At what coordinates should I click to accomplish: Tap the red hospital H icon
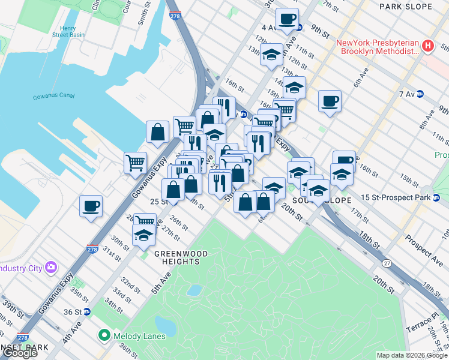pos(427,46)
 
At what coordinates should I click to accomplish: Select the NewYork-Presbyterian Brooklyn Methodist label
pos(377,47)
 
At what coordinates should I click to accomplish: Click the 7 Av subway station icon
pos(420,94)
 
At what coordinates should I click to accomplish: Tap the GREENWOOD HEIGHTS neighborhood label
pos(181,258)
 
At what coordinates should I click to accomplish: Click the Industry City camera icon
pos(50,267)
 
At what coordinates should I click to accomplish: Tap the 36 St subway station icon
pos(87,311)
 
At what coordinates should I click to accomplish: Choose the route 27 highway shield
pos(388,263)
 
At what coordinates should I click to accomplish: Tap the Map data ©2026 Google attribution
pos(412,355)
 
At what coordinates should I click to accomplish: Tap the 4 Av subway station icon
pos(299,28)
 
